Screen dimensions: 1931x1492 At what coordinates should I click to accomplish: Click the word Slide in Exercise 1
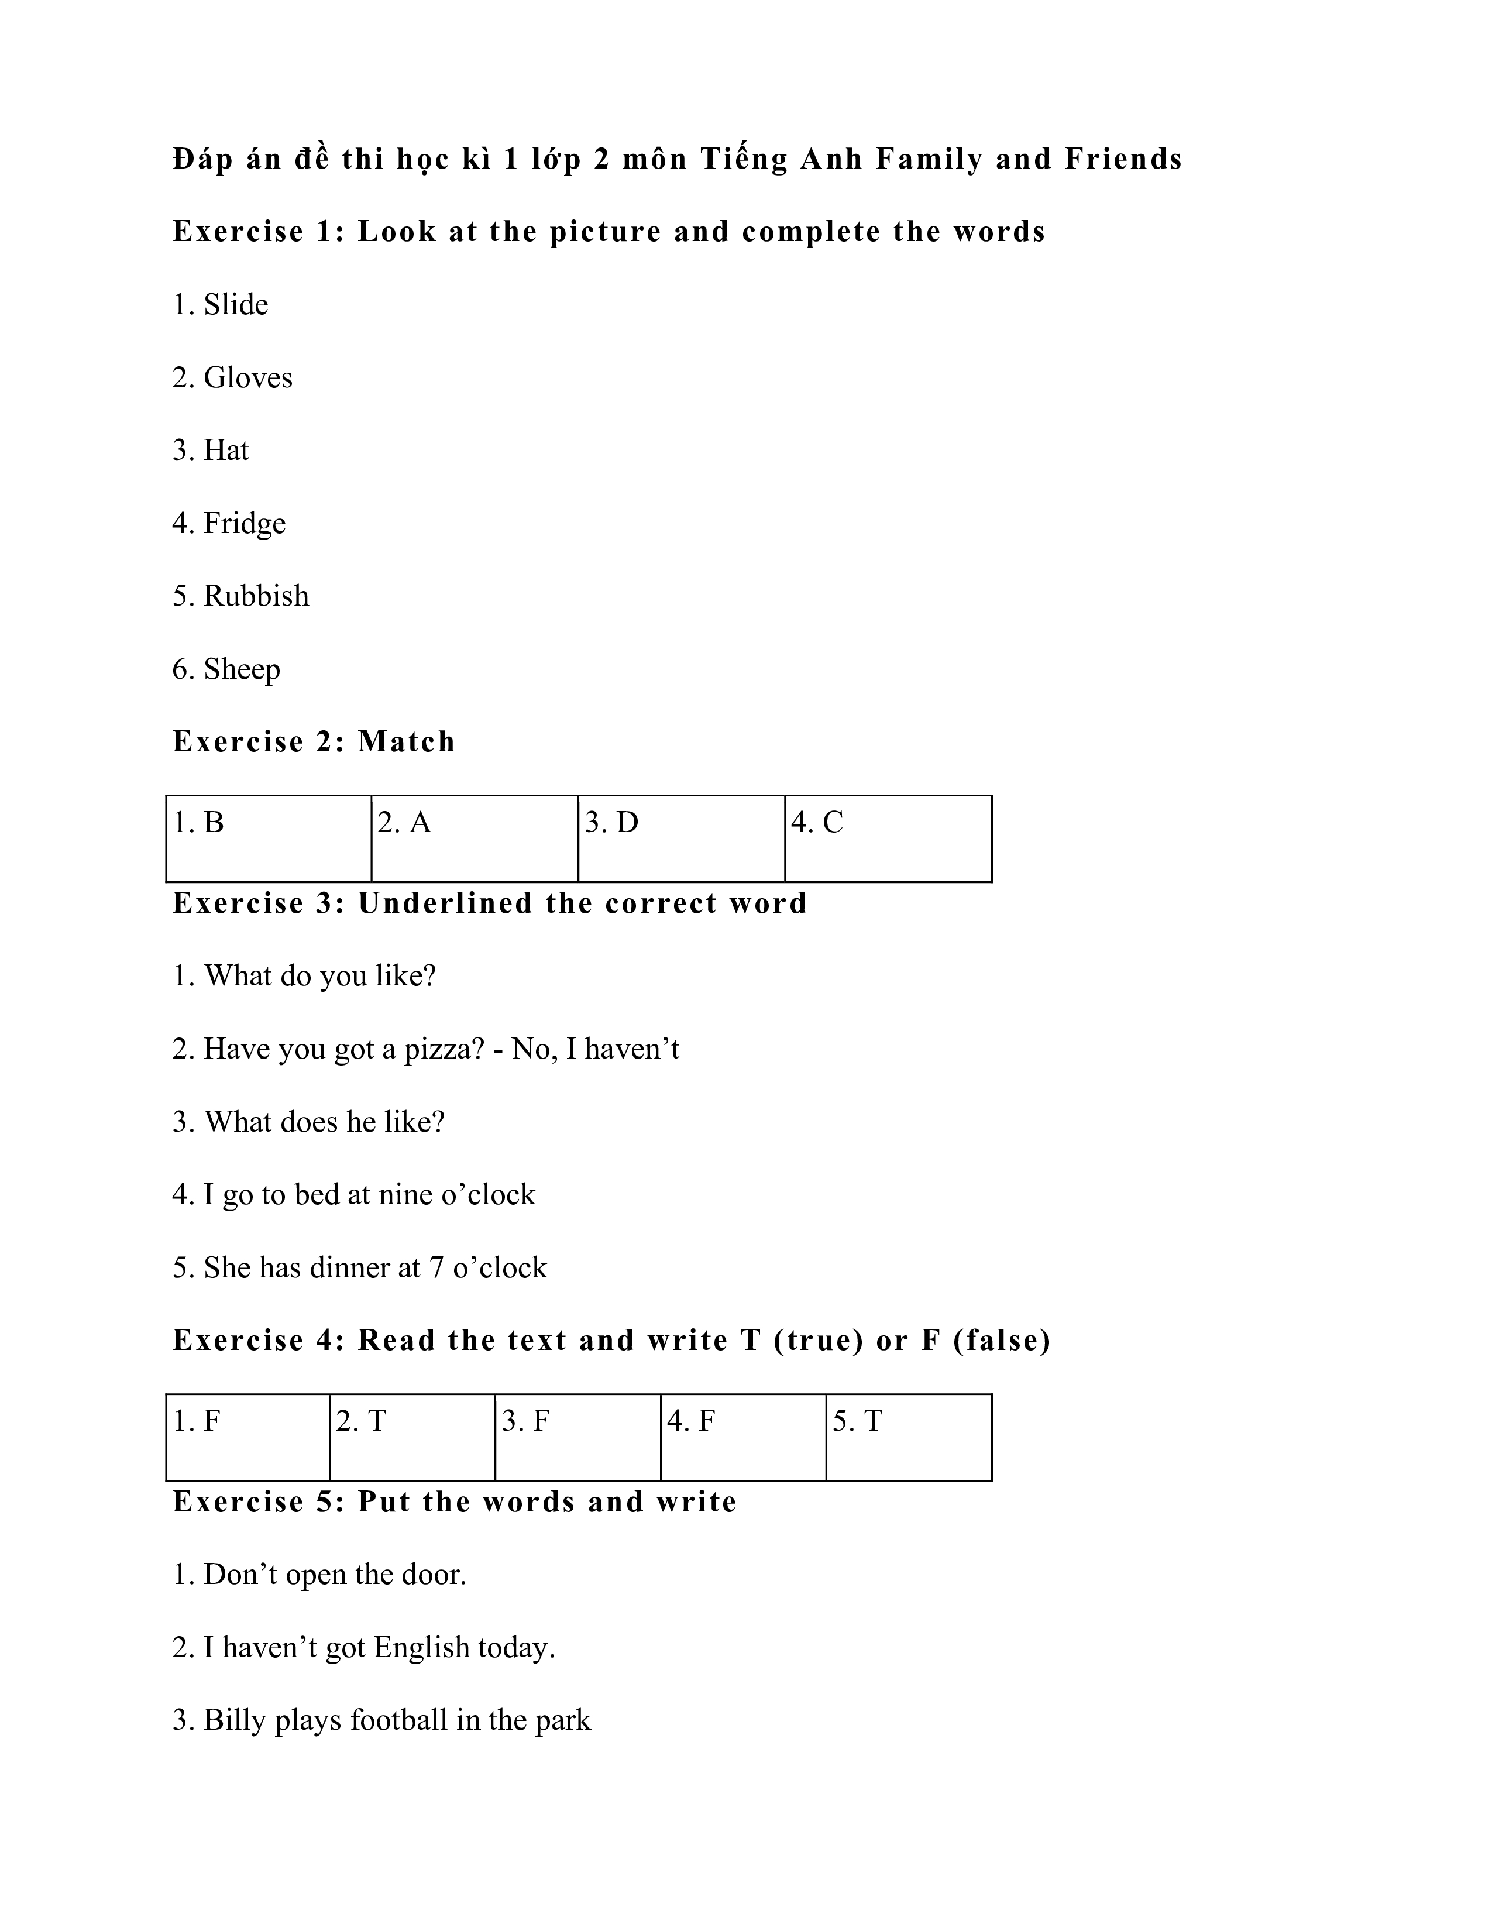coord(235,304)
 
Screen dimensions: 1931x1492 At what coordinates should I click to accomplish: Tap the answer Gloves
coord(247,377)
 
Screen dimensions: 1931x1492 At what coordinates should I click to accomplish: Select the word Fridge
coord(244,524)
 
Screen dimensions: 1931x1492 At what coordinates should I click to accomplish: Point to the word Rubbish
coord(256,596)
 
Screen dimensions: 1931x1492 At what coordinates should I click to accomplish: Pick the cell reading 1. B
coord(269,837)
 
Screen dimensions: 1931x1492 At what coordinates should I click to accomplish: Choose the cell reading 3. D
coord(680,837)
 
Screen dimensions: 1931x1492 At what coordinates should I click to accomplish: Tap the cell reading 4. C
coord(888,837)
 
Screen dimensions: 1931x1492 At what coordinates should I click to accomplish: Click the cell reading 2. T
coord(412,1437)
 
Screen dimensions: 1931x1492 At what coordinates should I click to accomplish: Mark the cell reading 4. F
coord(742,1437)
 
